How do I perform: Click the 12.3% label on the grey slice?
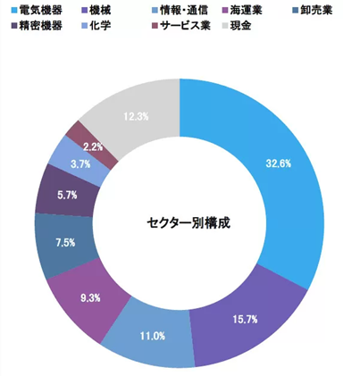(x=137, y=116)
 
